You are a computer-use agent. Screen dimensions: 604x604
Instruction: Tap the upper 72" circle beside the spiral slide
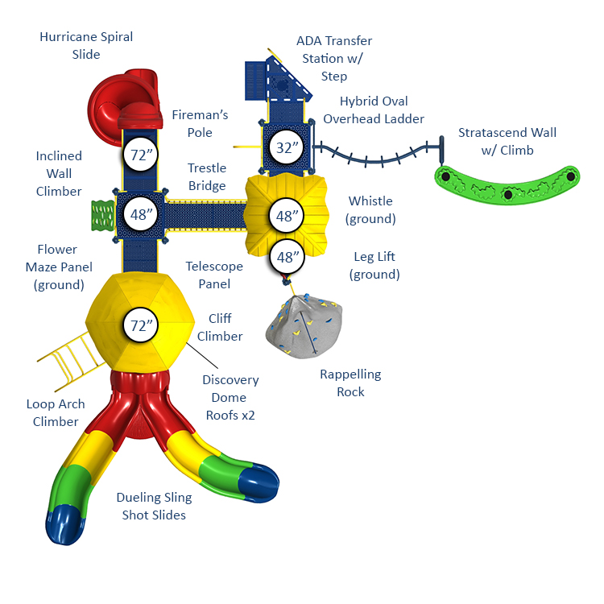point(143,156)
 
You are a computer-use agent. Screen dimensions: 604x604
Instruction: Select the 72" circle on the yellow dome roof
point(143,325)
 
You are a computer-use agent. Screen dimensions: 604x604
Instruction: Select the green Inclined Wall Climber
point(101,215)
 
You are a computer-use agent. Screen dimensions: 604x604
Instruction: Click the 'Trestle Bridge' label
point(207,176)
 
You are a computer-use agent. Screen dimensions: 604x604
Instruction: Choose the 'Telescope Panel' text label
point(208,275)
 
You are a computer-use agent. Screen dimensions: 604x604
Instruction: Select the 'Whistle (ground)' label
point(370,209)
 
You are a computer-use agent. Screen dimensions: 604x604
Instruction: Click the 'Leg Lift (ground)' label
point(374,266)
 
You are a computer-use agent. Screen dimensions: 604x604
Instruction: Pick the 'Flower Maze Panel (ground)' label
point(59,267)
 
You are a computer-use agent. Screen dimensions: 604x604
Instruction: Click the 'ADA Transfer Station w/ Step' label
point(334,58)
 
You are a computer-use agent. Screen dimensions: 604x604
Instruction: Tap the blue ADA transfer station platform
point(278,81)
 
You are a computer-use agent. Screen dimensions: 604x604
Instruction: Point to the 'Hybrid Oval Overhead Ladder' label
point(374,110)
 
